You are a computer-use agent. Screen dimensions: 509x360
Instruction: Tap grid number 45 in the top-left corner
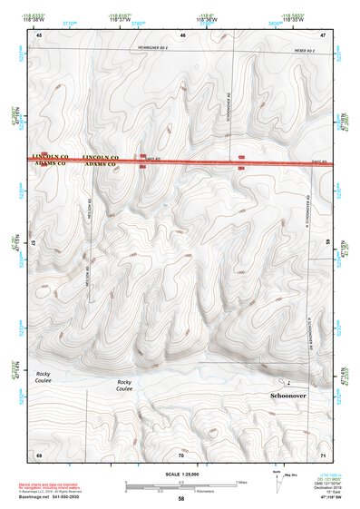[x=39, y=34]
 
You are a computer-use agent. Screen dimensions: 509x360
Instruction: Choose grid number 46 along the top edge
[x=182, y=34]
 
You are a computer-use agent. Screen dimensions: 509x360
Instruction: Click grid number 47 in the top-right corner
[x=323, y=34]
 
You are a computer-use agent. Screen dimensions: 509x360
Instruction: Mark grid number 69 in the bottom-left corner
[x=39, y=453]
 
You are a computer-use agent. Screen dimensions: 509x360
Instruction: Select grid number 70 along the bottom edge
[x=182, y=453]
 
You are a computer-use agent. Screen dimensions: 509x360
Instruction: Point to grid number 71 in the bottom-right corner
[x=323, y=453]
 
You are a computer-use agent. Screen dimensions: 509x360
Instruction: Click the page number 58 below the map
[x=181, y=499]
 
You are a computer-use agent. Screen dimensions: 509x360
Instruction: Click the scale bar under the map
[x=180, y=485]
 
